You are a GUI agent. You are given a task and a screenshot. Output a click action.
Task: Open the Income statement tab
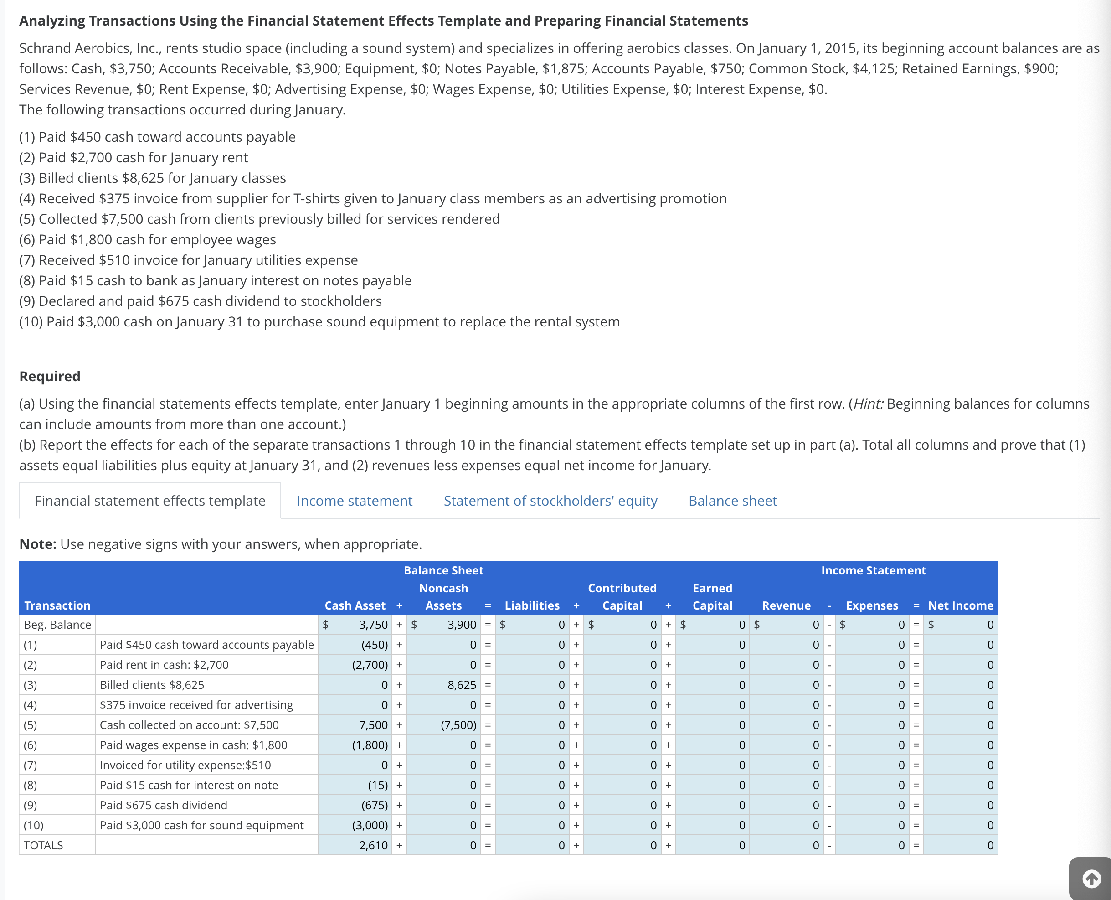coord(355,501)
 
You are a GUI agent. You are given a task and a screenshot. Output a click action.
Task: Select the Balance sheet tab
coord(732,501)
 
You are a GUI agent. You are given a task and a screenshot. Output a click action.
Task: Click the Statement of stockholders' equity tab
coord(550,501)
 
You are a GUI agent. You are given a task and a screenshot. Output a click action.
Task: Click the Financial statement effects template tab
coord(150,501)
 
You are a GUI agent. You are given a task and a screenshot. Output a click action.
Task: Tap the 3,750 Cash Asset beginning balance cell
coord(358,625)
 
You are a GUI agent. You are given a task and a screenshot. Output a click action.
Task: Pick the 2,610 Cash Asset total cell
coord(358,846)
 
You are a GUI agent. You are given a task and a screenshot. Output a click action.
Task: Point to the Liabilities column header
coord(532,605)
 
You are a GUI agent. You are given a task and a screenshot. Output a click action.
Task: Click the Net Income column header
coord(960,605)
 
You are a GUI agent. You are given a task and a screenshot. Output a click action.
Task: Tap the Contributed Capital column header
coord(622,597)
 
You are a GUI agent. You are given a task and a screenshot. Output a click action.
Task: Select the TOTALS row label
coord(44,846)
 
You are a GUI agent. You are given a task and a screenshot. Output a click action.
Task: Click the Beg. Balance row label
coord(57,625)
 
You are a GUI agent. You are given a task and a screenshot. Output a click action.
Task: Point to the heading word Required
coord(50,377)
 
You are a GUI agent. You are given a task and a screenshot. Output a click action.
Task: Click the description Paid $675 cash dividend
coord(163,805)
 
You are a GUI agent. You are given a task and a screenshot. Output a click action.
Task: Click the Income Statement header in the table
coord(873,570)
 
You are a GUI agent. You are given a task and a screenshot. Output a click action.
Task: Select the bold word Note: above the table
coord(37,544)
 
